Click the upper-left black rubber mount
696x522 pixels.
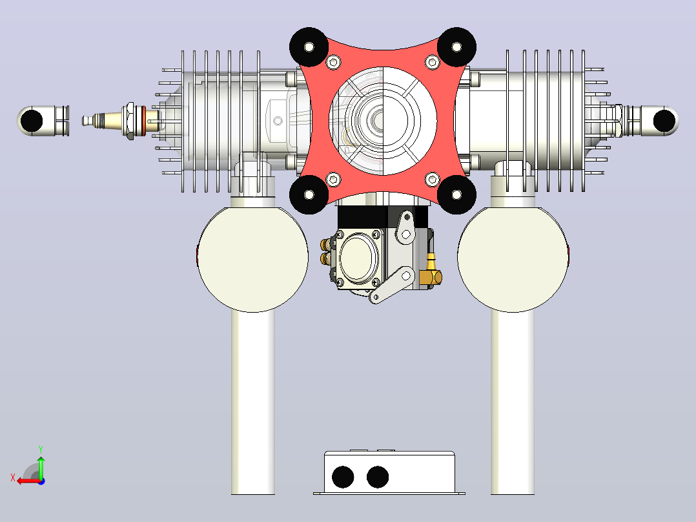click(309, 47)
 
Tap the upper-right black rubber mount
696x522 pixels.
click(456, 47)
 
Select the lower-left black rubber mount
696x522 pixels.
click(309, 194)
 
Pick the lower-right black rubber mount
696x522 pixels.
click(456, 194)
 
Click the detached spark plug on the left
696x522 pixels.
click(120, 120)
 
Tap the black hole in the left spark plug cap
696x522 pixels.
click(32, 121)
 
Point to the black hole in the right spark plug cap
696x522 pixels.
click(664, 121)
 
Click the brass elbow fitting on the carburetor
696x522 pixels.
click(431, 273)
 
